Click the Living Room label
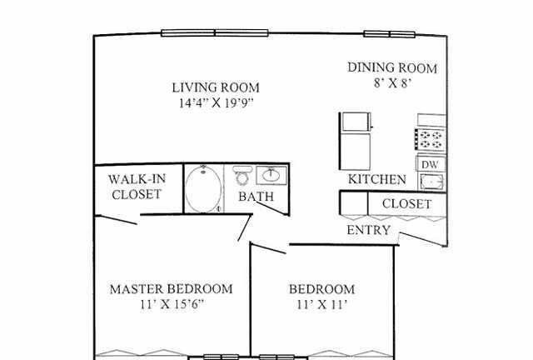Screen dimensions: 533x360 pos(216,87)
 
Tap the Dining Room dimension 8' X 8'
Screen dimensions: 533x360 pos(393,82)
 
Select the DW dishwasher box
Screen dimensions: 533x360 pos(431,164)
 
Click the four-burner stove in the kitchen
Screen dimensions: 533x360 pos(430,140)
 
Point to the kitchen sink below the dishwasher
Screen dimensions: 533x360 pos(431,182)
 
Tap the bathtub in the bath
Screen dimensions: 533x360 pos(203,189)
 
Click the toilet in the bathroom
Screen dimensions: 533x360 pos(242,175)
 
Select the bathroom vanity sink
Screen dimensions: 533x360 pos(271,175)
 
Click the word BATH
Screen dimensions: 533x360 pos(256,197)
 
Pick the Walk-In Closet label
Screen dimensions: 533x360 pos(137,187)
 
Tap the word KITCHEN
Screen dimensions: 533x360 pos(377,179)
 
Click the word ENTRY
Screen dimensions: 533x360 pos(368,230)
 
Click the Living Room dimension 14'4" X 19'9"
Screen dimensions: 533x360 pos(217,102)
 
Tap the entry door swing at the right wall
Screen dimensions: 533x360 pos(422,239)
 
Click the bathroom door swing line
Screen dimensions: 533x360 pos(272,208)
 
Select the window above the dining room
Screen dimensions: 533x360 pos(390,34)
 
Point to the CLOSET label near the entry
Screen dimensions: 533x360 pos(407,204)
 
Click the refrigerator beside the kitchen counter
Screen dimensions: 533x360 pos(356,141)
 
